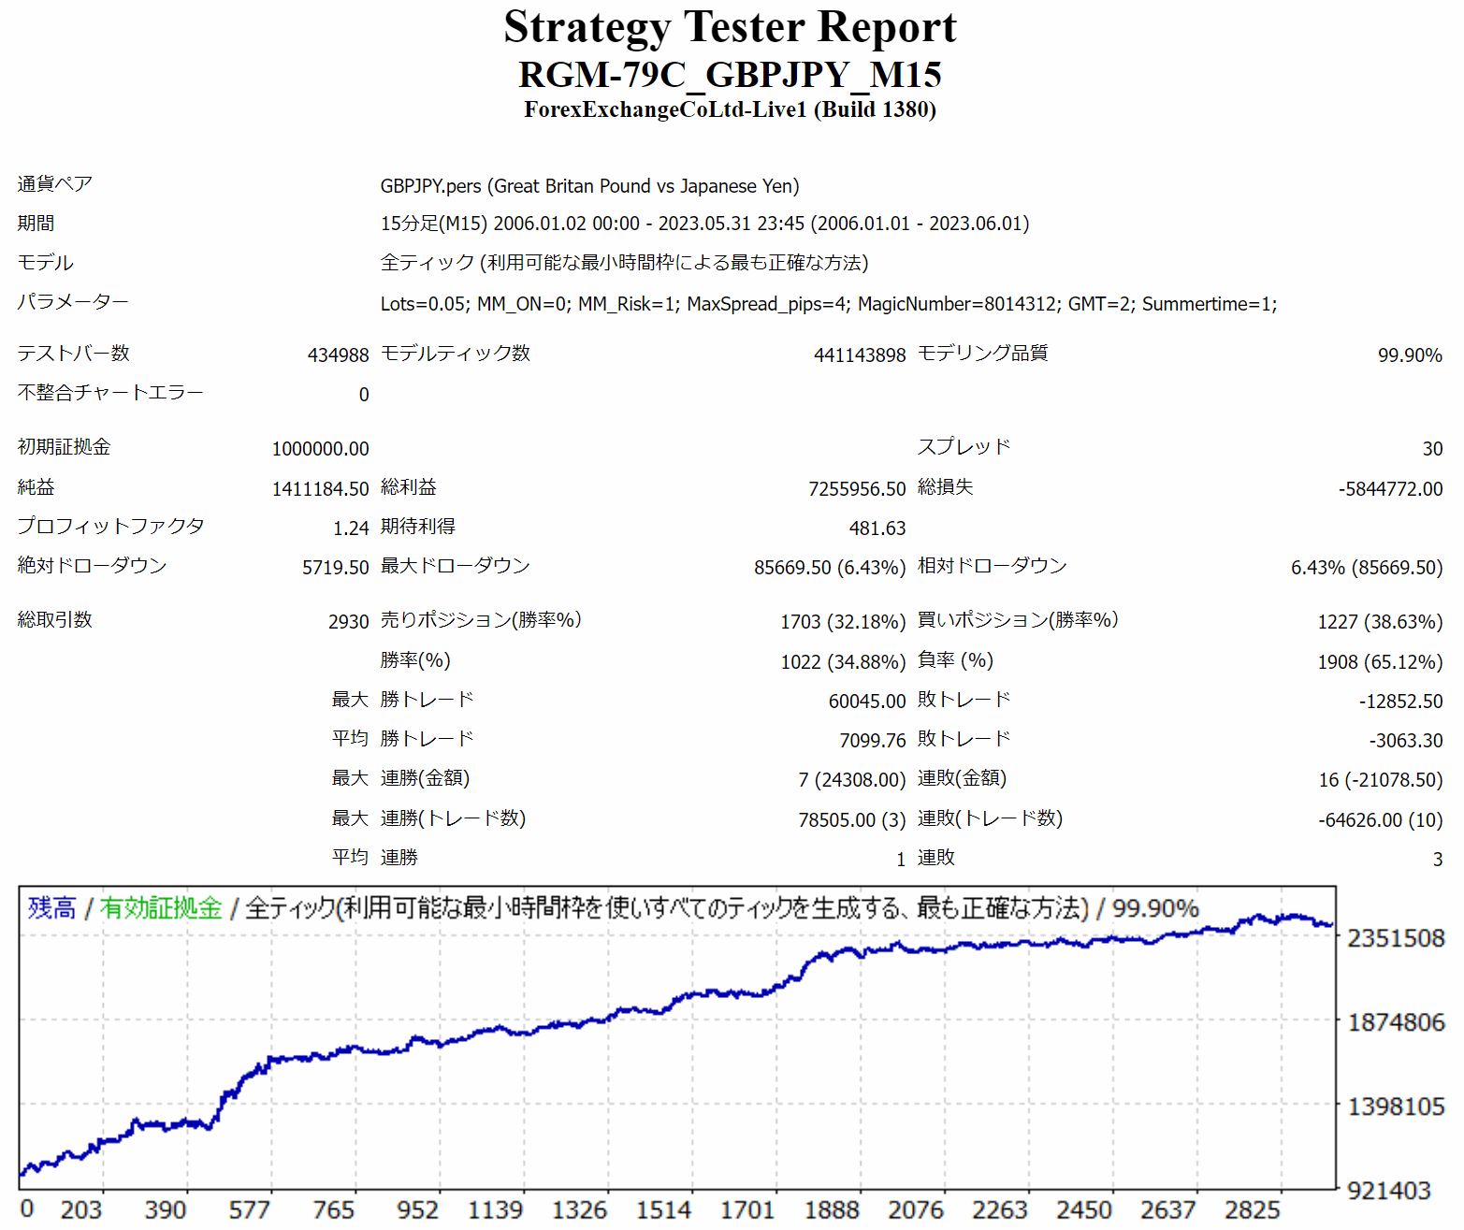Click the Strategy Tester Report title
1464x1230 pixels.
730,27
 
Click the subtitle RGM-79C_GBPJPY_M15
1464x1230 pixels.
730,75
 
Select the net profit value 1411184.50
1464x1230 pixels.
320,489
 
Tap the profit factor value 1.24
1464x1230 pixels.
351,528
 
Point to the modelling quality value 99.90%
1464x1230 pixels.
1409,355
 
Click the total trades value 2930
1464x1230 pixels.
348,622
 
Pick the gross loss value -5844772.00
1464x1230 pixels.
1390,489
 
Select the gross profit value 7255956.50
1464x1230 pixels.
857,489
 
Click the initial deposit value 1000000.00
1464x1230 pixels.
320,449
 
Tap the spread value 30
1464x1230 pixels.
1432,449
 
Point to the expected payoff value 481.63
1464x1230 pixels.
877,528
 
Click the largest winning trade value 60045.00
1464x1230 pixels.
867,702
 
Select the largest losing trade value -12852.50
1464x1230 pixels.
1400,702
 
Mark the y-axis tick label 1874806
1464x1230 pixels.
1396,1022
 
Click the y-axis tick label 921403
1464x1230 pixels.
1389,1191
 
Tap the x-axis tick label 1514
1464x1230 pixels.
663,1210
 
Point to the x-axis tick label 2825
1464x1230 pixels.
1252,1210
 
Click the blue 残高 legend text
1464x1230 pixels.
51,908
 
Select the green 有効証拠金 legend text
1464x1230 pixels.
161,908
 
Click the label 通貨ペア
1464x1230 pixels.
54,184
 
